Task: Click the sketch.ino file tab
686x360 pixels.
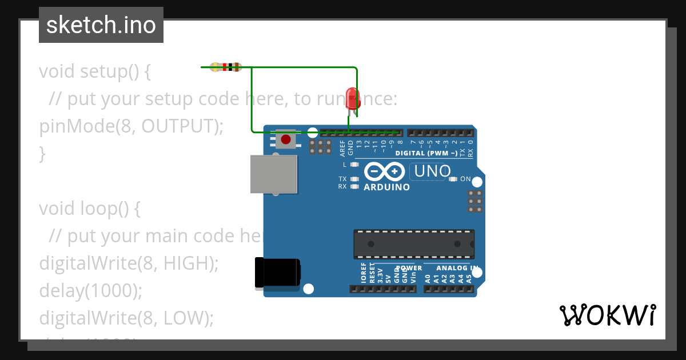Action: [x=101, y=25]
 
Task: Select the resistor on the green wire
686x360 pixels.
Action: [x=226, y=67]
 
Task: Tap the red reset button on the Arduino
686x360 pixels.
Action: [x=285, y=139]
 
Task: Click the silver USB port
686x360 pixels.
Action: [x=274, y=174]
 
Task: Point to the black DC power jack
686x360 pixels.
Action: [x=277, y=273]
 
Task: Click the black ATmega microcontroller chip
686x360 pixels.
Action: [x=413, y=244]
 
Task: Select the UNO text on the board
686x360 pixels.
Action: [x=432, y=171]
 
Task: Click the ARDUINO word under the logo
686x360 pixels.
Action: [x=386, y=187]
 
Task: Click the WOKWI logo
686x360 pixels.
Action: [x=607, y=315]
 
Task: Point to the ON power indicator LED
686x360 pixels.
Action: [x=453, y=179]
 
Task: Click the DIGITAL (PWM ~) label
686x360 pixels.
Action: [x=426, y=153]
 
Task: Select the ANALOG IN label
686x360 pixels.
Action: [x=457, y=267]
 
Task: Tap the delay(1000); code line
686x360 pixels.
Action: [x=90, y=291]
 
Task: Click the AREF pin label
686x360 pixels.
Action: [x=342, y=148]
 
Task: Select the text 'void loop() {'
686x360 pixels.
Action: [x=89, y=209]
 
